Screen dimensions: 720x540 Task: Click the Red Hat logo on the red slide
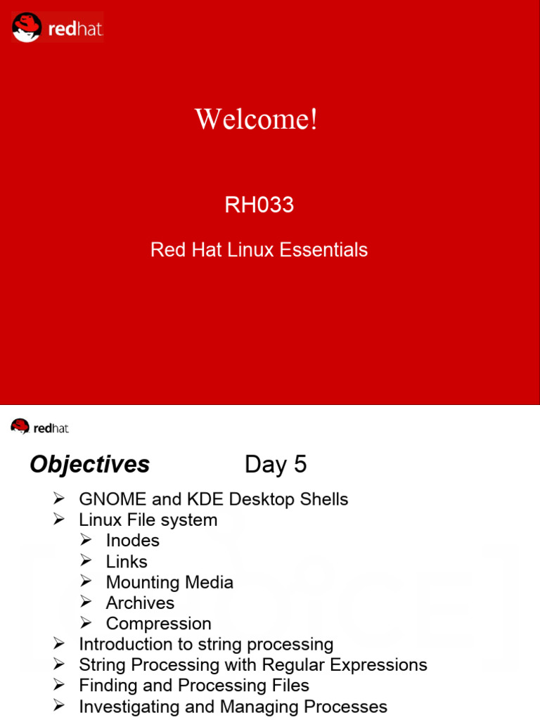[58, 27]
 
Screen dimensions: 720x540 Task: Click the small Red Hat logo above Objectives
[39, 427]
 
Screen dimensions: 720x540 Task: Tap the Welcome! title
[257, 120]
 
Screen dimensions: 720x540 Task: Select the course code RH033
[259, 205]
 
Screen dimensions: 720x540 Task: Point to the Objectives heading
[90, 465]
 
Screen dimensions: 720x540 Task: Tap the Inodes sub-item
[132, 541]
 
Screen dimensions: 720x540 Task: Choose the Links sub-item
[127, 562]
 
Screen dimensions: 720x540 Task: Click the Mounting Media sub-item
[169, 582]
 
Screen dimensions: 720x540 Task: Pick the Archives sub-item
[140, 603]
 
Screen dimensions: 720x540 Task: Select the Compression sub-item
[158, 624]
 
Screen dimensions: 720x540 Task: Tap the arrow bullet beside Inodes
[86, 541]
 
